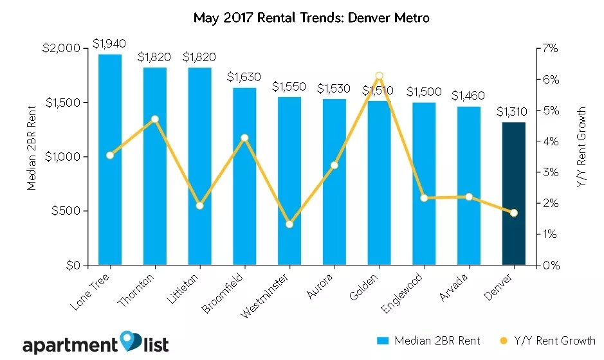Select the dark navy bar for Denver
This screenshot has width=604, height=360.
point(513,194)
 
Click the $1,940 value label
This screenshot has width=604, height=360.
point(109,44)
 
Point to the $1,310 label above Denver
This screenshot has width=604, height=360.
point(513,111)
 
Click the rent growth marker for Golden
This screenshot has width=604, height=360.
point(379,76)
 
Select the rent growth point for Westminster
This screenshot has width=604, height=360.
point(289,224)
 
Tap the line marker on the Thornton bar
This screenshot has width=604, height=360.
point(155,119)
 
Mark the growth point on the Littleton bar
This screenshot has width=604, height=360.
point(200,206)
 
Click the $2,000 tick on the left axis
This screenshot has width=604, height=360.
point(62,49)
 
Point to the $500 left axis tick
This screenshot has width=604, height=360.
point(67,211)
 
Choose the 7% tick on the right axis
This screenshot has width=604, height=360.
point(553,49)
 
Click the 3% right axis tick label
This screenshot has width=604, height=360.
point(553,172)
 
